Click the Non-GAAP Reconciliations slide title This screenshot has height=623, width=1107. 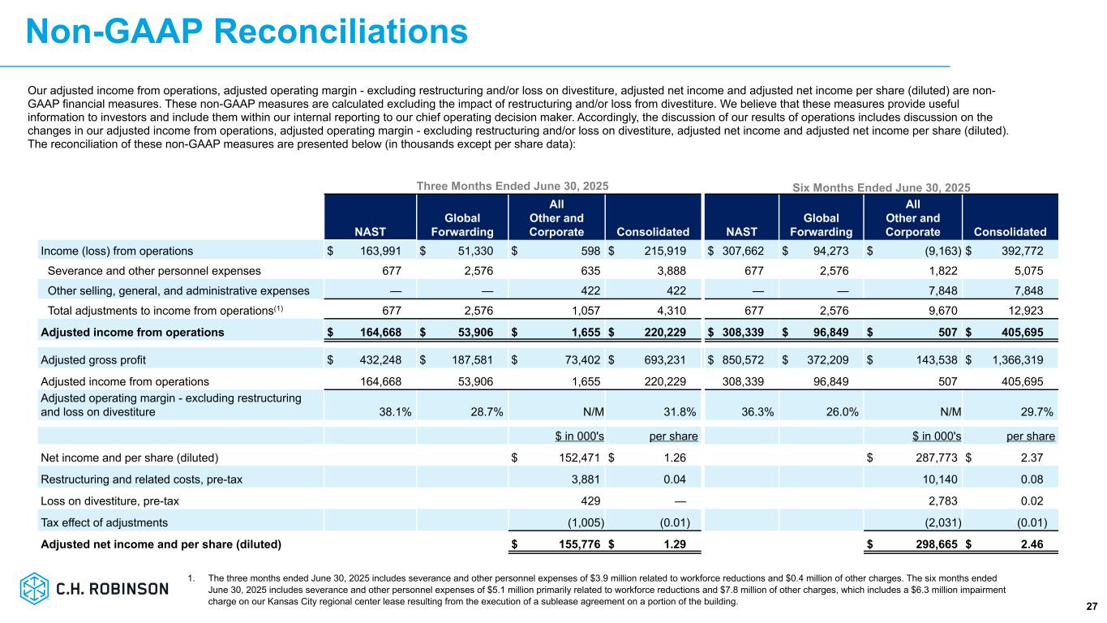coord(247,32)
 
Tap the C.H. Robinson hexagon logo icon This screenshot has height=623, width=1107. coord(34,588)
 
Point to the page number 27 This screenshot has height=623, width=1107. coord(1092,606)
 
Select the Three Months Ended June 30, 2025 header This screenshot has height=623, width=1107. coord(513,186)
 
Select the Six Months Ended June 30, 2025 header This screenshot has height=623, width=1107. coord(882,187)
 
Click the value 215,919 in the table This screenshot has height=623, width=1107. coord(665,251)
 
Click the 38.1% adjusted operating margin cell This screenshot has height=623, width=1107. coord(395,412)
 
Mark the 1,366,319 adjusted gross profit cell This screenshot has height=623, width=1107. coord(1018,360)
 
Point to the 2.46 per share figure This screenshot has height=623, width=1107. coord(1032,544)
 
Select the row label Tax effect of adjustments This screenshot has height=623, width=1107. coord(104,522)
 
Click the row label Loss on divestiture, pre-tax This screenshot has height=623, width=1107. coord(109,501)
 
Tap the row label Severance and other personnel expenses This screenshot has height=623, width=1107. coord(154,271)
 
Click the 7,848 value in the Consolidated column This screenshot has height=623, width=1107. coord(1028,290)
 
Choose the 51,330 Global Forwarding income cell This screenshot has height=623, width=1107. coord(475,251)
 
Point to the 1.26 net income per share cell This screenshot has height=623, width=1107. coord(675,458)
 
